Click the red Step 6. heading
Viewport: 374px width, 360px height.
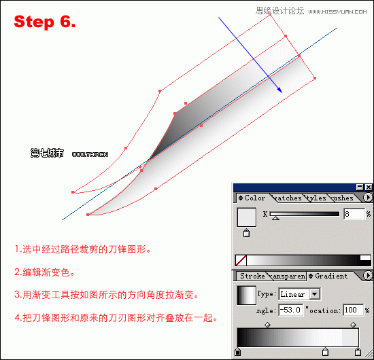pyautogui.click(x=45, y=22)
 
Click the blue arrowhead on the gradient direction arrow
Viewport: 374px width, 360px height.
pyautogui.click(x=279, y=89)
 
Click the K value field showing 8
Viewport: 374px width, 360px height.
pyautogui.click(x=353, y=214)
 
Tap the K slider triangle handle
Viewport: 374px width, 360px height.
pyautogui.click(x=275, y=219)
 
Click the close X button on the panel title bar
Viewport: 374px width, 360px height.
pyautogui.click(x=369, y=187)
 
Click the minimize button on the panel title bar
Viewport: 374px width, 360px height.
pyautogui.click(x=359, y=187)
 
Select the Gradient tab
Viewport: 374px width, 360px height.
pyautogui.click(x=331, y=276)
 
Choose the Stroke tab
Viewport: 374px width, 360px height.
pyautogui.click(x=252, y=276)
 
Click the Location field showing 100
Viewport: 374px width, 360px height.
pyautogui.click(x=352, y=310)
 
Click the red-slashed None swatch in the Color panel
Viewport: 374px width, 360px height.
pyautogui.click(x=240, y=259)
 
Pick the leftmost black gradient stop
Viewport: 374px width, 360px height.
pyautogui.click(x=237, y=352)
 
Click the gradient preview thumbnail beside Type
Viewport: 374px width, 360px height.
pyautogui.click(x=245, y=295)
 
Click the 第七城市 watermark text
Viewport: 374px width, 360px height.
pyautogui.click(x=47, y=154)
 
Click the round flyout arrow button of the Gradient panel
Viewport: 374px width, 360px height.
pyautogui.click(x=368, y=276)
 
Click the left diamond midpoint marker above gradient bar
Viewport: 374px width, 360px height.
pyautogui.click(x=267, y=325)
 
